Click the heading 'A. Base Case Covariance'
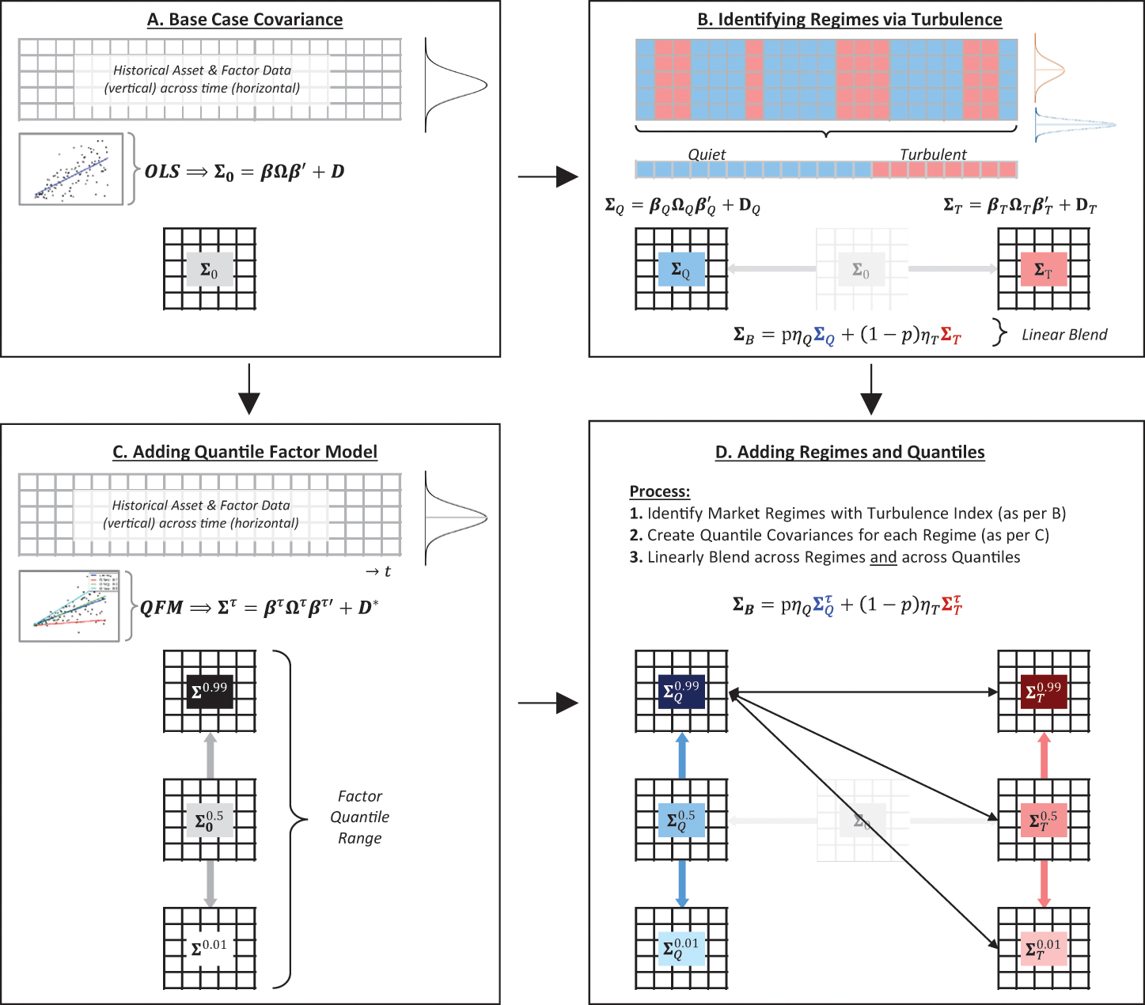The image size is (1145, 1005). tap(245, 20)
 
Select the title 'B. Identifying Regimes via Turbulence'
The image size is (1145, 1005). tap(849, 20)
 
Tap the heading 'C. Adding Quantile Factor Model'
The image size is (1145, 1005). tap(245, 452)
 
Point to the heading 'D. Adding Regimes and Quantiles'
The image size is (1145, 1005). tap(849, 452)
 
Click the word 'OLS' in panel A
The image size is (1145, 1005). tap(162, 172)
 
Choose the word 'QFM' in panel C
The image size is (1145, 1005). tap(161, 608)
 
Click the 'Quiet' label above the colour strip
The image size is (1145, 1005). tap(706, 154)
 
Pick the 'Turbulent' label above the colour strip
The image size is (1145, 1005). tap(933, 154)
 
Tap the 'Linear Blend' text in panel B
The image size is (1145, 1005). tap(1063, 335)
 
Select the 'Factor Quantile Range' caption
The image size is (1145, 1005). tap(359, 817)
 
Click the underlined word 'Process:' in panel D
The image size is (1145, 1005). tap(659, 491)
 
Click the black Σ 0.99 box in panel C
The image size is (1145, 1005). tap(210, 691)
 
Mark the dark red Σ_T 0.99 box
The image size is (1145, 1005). tap(1043, 692)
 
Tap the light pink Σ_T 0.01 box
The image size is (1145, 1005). tap(1043, 948)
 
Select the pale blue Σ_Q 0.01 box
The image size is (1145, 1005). tap(681, 948)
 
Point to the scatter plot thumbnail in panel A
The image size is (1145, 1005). tap(71, 169)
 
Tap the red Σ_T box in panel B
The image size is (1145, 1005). tap(1043, 270)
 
